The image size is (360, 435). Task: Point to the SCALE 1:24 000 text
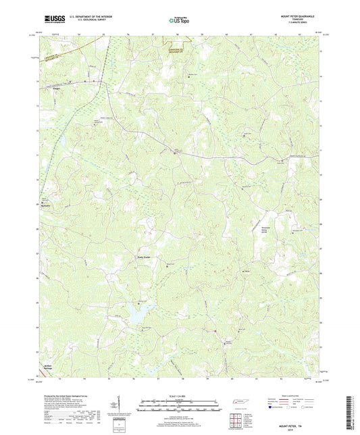(180, 394)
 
